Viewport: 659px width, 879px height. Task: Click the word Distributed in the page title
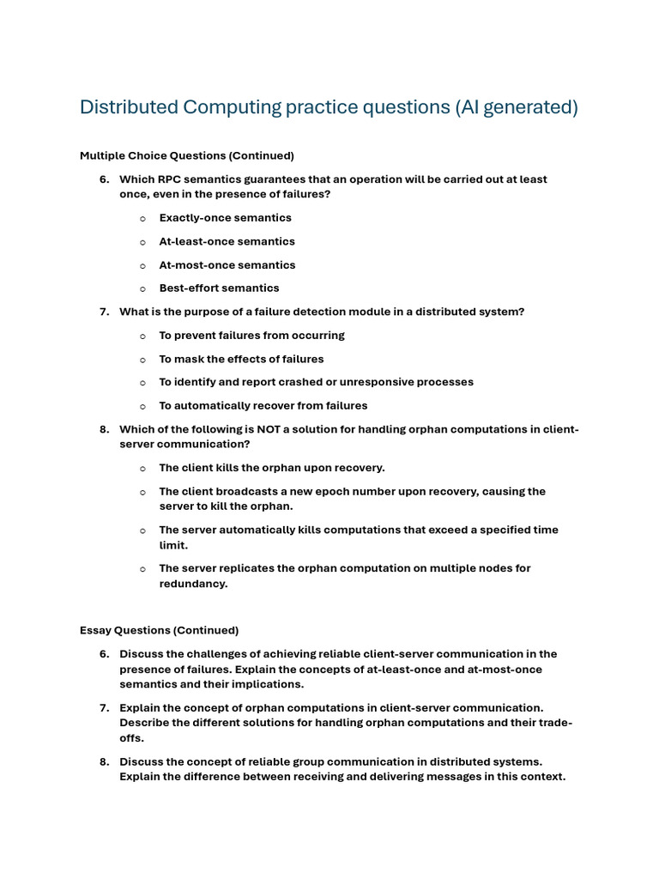tap(125, 107)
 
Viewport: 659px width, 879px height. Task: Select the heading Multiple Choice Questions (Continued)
tap(186, 155)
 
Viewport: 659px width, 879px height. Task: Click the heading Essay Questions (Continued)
tap(159, 630)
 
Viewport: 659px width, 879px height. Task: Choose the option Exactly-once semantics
tap(225, 218)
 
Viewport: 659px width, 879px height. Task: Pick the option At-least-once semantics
tap(227, 241)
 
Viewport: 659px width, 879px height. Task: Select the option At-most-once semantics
tap(227, 265)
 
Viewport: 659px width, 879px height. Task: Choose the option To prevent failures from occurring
tap(251, 335)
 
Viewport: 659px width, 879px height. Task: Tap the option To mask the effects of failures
tap(241, 359)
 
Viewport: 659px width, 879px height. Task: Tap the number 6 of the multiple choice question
tap(103, 179)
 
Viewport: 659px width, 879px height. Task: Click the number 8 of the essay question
tap(103, 761)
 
